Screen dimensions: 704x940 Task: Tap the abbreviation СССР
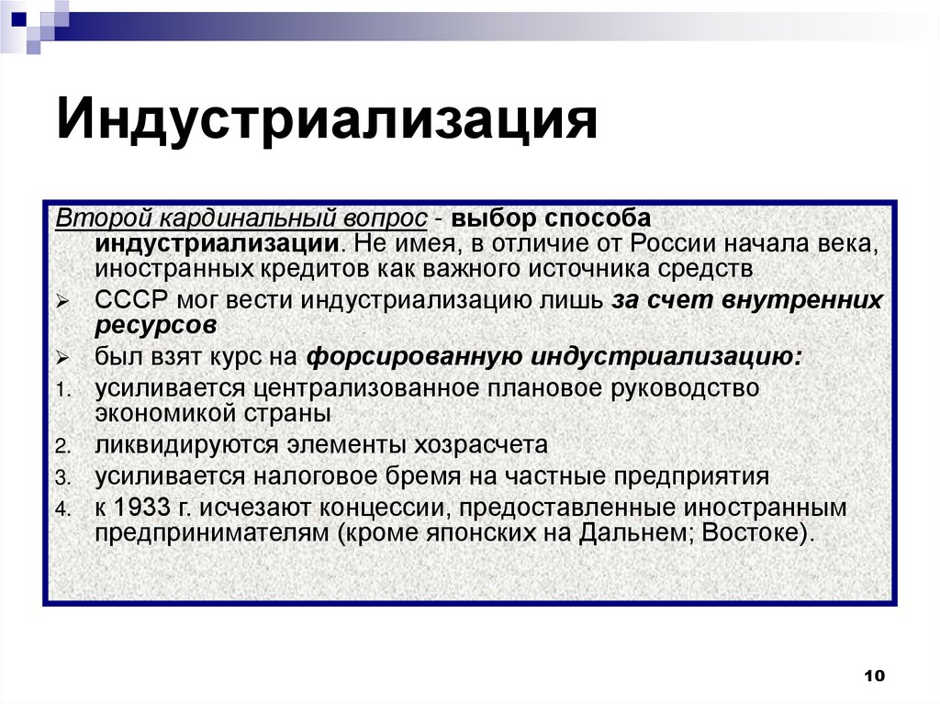pos(127,301)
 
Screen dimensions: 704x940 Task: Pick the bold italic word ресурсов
pos(155,326)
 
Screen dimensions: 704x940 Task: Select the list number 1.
pos(61,389)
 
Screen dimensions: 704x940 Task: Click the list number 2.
pos(61,447)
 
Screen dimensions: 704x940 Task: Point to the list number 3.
pos(61,478)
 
